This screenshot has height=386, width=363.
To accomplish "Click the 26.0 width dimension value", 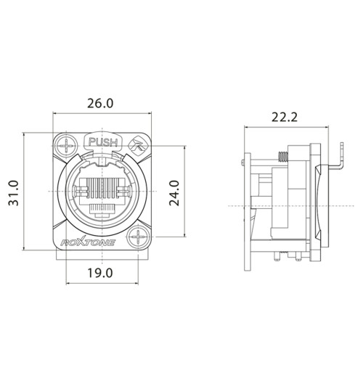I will [x=100, y=104].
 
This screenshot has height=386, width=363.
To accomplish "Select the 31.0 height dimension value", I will [x=14, y=194].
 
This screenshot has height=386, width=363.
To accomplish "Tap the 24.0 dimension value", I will [x=175, y=194].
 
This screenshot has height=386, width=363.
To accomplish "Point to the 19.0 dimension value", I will [x=100, y=274].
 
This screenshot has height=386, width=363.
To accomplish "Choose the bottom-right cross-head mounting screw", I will [x=138, y=237].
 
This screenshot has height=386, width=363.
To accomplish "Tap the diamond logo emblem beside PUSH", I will [x=138, y=146].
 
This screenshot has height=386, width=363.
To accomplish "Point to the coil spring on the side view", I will [x=280, y=155].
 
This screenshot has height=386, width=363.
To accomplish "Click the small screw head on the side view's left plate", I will [x=242, y=160].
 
